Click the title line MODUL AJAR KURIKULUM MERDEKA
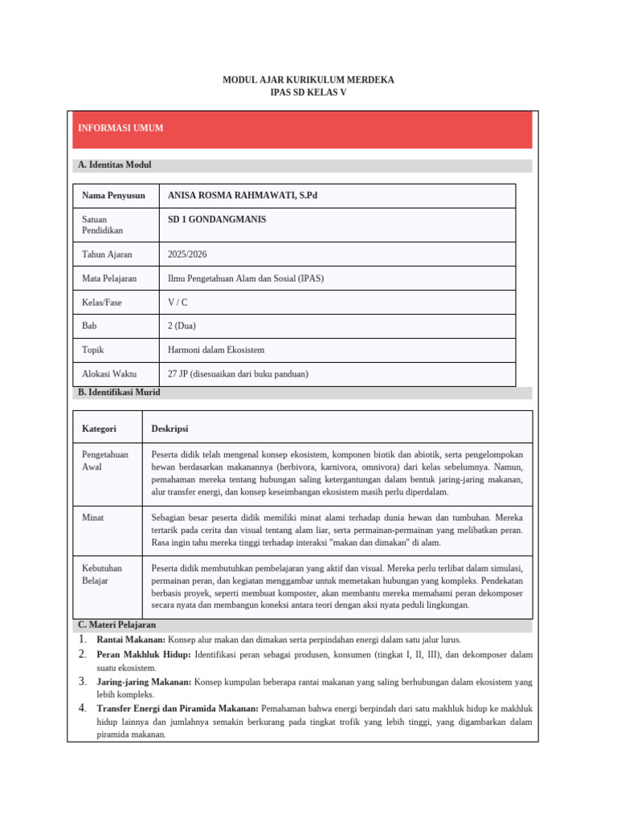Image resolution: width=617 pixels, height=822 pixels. (x=308, y=80)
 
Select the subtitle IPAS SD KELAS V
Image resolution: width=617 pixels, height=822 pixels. (x=308, y=92)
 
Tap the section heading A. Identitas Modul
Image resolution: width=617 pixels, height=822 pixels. (x=115, y=165)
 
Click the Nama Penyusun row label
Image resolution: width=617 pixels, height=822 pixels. (x=113, y=195)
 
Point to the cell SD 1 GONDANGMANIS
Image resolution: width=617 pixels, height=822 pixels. (x=217, y=219)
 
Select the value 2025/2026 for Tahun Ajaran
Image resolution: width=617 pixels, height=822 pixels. (x=187, y=254)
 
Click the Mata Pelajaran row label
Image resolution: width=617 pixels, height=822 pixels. (x=109, y=278)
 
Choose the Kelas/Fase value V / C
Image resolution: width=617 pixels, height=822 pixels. (x=178, y=302)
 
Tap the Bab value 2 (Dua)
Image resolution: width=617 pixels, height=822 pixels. (x=182, y=326)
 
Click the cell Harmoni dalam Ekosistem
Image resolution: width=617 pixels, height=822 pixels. (x=216, y=350)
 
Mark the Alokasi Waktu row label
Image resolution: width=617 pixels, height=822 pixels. (x=109, y=374)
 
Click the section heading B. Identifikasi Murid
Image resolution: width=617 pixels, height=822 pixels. (x=119, y=393)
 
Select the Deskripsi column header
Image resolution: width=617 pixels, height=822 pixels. (x=170, y=429)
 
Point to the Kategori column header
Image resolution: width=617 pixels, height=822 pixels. (x=99, y=429)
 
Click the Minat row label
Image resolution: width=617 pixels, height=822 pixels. (x=93, y=519)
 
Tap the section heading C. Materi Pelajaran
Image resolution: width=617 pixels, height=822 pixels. (x=116, y=625)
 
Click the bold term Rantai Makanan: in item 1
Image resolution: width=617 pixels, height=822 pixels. (x=131, y=640)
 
